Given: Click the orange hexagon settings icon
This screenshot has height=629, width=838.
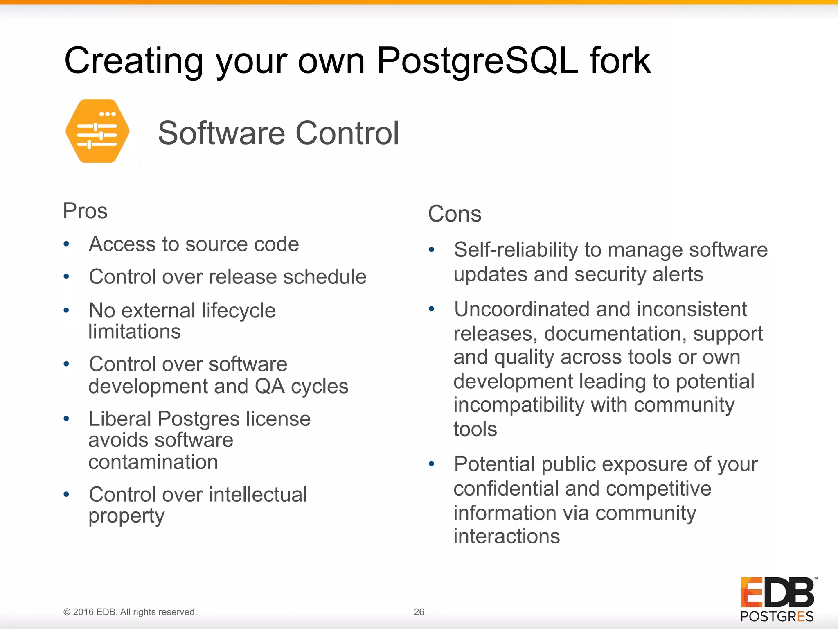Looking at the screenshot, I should tap(97, 131).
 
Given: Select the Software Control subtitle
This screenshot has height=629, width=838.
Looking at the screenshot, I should tap(278, 133).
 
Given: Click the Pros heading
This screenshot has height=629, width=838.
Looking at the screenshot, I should tap(85, 211).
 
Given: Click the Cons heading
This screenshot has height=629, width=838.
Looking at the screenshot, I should tap(455, 214).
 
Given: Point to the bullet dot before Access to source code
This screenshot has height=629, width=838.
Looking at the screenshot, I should tap(66, 244).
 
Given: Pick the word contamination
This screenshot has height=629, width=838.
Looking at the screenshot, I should tap(153, 462).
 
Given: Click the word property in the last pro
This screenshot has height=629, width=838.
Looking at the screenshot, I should tap(126, 516).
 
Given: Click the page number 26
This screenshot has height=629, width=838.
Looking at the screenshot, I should tap(419, 612).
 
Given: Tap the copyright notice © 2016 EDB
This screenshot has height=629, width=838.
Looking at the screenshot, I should tap(130, 612).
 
